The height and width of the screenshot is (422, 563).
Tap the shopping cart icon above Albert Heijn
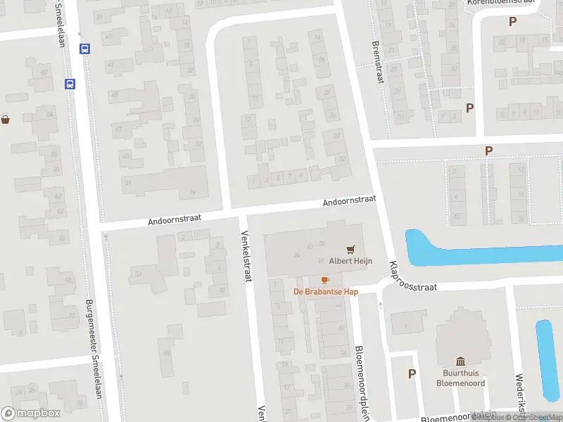coord(350,249)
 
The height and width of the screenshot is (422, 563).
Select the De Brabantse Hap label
coord(326,292)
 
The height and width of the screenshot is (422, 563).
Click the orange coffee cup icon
coord(324,280)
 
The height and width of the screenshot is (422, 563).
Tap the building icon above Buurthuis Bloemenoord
coord(460,361)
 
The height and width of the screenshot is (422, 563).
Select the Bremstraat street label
coord(378,59)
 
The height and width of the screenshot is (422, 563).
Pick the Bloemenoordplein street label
coord(362,383)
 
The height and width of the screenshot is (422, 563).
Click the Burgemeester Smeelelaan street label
coord(93,349)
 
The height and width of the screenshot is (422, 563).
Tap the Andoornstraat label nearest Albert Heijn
coord(348,201)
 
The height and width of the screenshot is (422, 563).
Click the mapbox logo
coord(31,414)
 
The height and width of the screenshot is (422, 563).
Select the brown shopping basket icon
coord(6,120)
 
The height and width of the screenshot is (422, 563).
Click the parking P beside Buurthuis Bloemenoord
coord(412,373)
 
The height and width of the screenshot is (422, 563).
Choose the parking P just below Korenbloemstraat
coord(512,22)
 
